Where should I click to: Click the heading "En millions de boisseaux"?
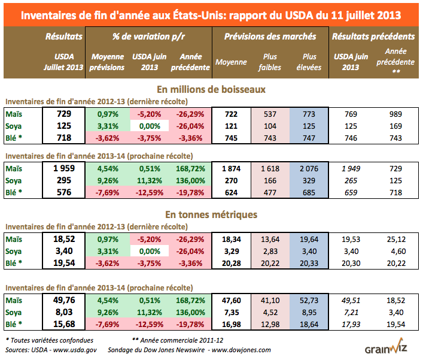211,89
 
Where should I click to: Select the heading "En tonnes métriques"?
211,213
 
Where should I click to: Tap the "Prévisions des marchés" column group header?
270,37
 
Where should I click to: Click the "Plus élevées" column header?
309,62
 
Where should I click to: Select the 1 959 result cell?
64,168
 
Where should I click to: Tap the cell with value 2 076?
309,168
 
